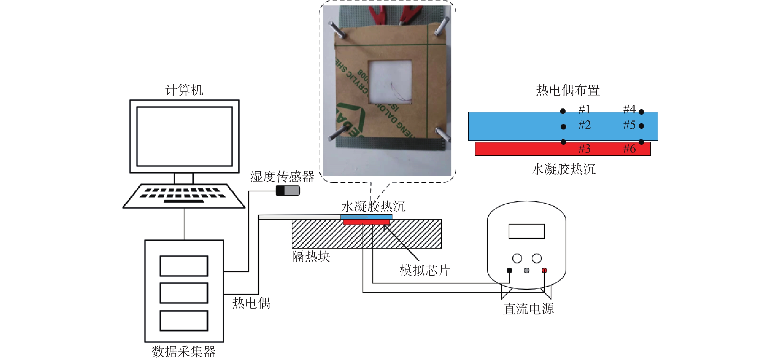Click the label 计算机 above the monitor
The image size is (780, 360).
184,90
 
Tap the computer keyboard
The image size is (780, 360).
184,195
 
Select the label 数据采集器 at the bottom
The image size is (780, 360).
183,352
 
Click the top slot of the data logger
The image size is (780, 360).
184,266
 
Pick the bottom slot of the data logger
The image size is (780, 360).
184,320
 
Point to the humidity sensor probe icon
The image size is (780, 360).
288,190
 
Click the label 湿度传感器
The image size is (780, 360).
282,176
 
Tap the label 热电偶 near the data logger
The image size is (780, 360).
251,303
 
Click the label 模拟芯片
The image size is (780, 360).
424,270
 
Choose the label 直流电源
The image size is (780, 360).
528,309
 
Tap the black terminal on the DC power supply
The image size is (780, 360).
509,270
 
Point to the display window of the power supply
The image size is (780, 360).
526,231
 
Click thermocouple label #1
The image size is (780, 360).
584,109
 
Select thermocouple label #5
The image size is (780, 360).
629,125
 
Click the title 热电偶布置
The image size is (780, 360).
568,90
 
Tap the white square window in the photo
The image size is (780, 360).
390,82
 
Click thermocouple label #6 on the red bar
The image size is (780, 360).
629,149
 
